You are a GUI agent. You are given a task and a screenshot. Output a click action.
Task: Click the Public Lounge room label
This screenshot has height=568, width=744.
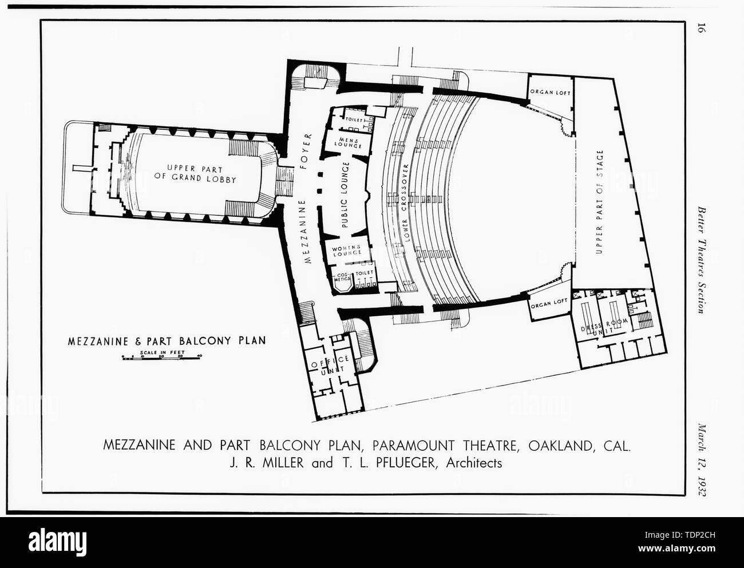(x=345, y=195)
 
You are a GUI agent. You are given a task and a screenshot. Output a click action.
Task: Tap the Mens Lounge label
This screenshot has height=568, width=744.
(x=348, y=142)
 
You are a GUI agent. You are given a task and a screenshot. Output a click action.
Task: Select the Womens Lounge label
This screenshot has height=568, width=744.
(x=346, y=251)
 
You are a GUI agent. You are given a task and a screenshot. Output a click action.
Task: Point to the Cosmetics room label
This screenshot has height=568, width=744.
(x=343, y=277)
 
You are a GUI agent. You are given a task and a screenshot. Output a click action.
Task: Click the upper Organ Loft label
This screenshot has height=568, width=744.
(x=550, y=92)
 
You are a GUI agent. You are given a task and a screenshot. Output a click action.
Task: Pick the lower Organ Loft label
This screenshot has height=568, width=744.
(x=549, y=304)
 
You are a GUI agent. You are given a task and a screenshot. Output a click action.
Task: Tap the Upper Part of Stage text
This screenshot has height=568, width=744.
(x=600, y=202)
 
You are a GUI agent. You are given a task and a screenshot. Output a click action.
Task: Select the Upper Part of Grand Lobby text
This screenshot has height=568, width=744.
(x=195, y=174)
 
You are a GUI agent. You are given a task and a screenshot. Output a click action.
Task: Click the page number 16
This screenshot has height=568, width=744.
(x=701, y=28)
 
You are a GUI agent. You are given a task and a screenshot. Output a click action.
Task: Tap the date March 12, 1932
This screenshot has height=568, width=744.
(x=701, y=460)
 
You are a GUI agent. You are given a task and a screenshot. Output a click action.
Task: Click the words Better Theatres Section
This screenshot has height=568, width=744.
(x=701, y=260)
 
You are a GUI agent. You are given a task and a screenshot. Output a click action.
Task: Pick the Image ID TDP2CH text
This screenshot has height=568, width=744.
(x=680, y=535)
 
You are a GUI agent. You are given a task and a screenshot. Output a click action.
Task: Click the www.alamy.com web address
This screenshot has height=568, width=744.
(x=676, y=548)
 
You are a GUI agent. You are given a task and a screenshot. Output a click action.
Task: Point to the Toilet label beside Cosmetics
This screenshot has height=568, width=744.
(x=365, y=272)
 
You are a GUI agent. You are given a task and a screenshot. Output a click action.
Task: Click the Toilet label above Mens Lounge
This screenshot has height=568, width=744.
(x=354, y=120)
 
